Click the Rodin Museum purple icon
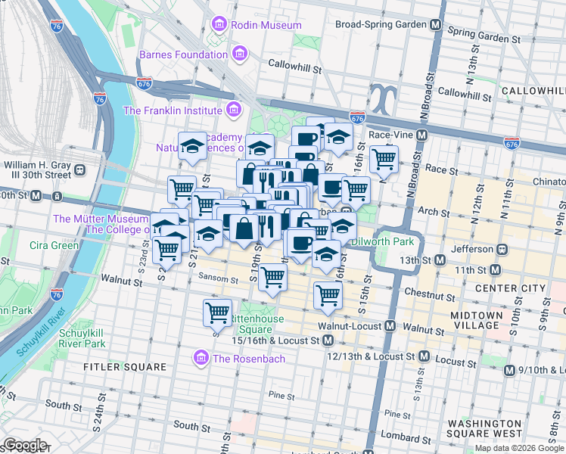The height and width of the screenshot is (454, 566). point(219,25)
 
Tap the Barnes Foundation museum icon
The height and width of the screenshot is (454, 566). point(241,54)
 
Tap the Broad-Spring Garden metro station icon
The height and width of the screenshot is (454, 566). point(436,24)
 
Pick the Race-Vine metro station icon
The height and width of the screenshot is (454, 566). point(422,135)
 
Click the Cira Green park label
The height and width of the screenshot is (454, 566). point(54,245)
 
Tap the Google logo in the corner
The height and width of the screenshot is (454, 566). point(24,445)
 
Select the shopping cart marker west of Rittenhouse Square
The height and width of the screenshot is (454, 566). point(217,311)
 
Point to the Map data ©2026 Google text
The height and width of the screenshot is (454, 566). point(518,448)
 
